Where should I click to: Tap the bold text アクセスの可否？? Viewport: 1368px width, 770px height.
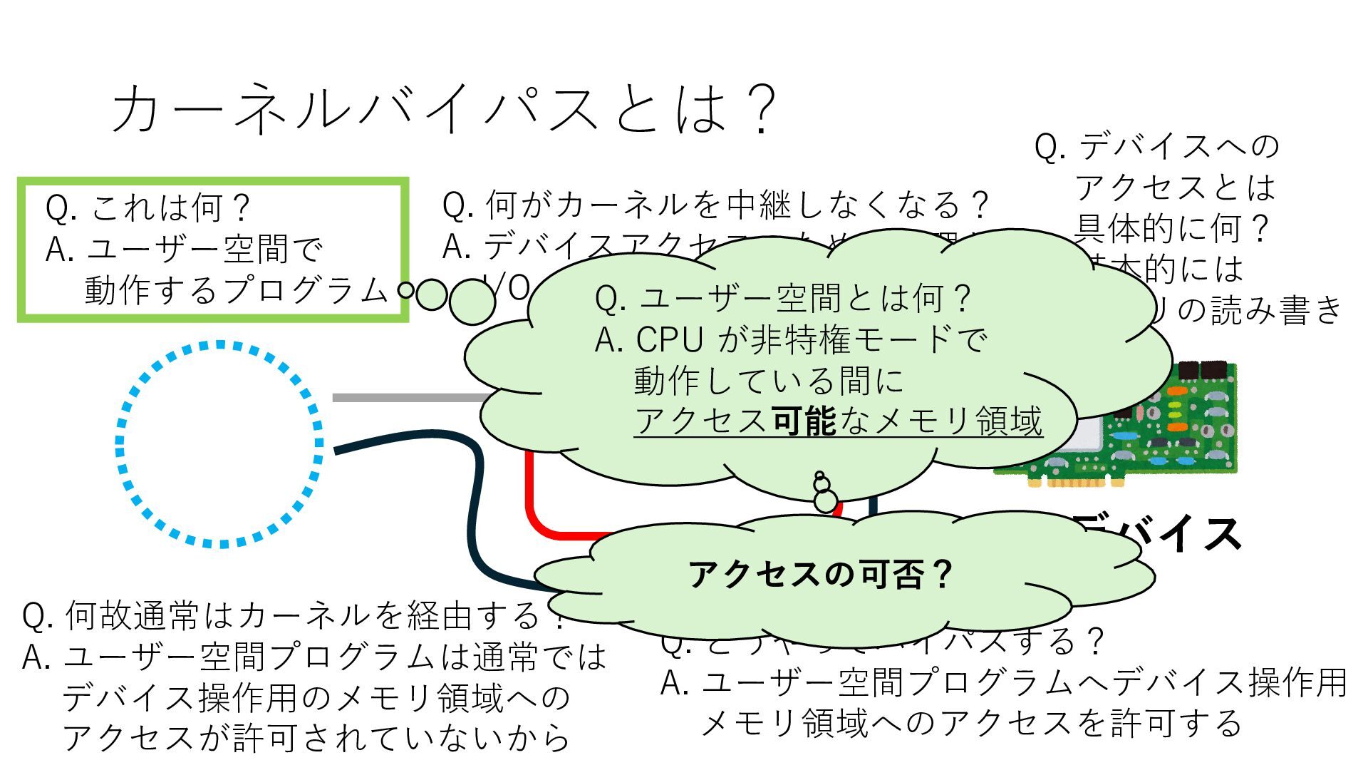click(819, 574)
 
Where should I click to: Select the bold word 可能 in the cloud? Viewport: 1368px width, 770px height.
click(804, 421)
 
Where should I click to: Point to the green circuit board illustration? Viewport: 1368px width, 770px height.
click(1168, 428)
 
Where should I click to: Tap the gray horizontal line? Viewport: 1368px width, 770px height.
click(406, 397)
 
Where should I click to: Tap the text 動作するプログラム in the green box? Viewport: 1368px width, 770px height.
click(235, 291)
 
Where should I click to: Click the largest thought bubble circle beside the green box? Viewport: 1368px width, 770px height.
click(472, 301)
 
